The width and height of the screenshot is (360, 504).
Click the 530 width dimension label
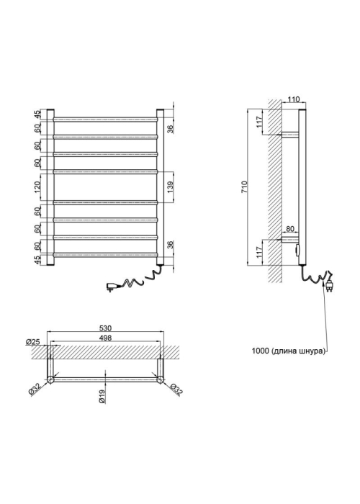[x=105, y=328]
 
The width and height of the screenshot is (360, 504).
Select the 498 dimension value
[x=105, y=338]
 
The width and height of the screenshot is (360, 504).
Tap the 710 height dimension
[x=245, y=186]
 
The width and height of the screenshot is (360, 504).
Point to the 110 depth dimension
[x=294, y=99]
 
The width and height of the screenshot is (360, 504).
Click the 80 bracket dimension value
[x=290, y=229]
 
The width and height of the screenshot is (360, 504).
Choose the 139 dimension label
[x=170, y=187]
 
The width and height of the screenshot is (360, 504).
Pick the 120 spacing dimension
[x=37, y=187]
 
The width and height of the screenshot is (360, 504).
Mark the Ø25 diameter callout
[x=33, y=342]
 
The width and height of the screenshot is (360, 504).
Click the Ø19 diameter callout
[x=102, y=397]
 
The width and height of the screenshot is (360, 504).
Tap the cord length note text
[x=288, y=351]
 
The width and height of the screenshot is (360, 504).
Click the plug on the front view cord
[x=112, y=287]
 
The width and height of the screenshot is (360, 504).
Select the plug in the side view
[x=329, y=285]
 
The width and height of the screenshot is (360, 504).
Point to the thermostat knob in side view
[x=297, y=250]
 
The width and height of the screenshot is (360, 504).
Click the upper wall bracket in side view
[x=290, y=135]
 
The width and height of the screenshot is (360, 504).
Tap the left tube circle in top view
[x=50, y=379]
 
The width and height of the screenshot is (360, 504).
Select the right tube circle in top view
[x=160, y=379]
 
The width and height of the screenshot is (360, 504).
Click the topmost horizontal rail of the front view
[x=106, y=120]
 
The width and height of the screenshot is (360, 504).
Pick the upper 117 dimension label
[x=260, y=122]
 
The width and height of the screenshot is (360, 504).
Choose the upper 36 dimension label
[x=170, y=129]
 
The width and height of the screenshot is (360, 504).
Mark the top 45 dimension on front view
[x=37, y=114]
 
